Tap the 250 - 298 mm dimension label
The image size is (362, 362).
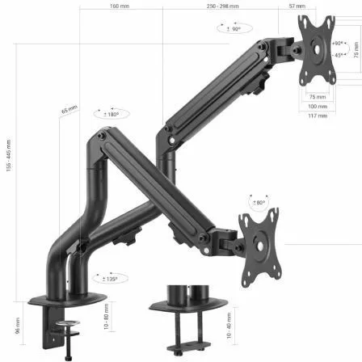223,6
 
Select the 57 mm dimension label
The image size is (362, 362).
297,6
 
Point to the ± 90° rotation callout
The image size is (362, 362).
232,28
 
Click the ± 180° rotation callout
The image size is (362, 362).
111,114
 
